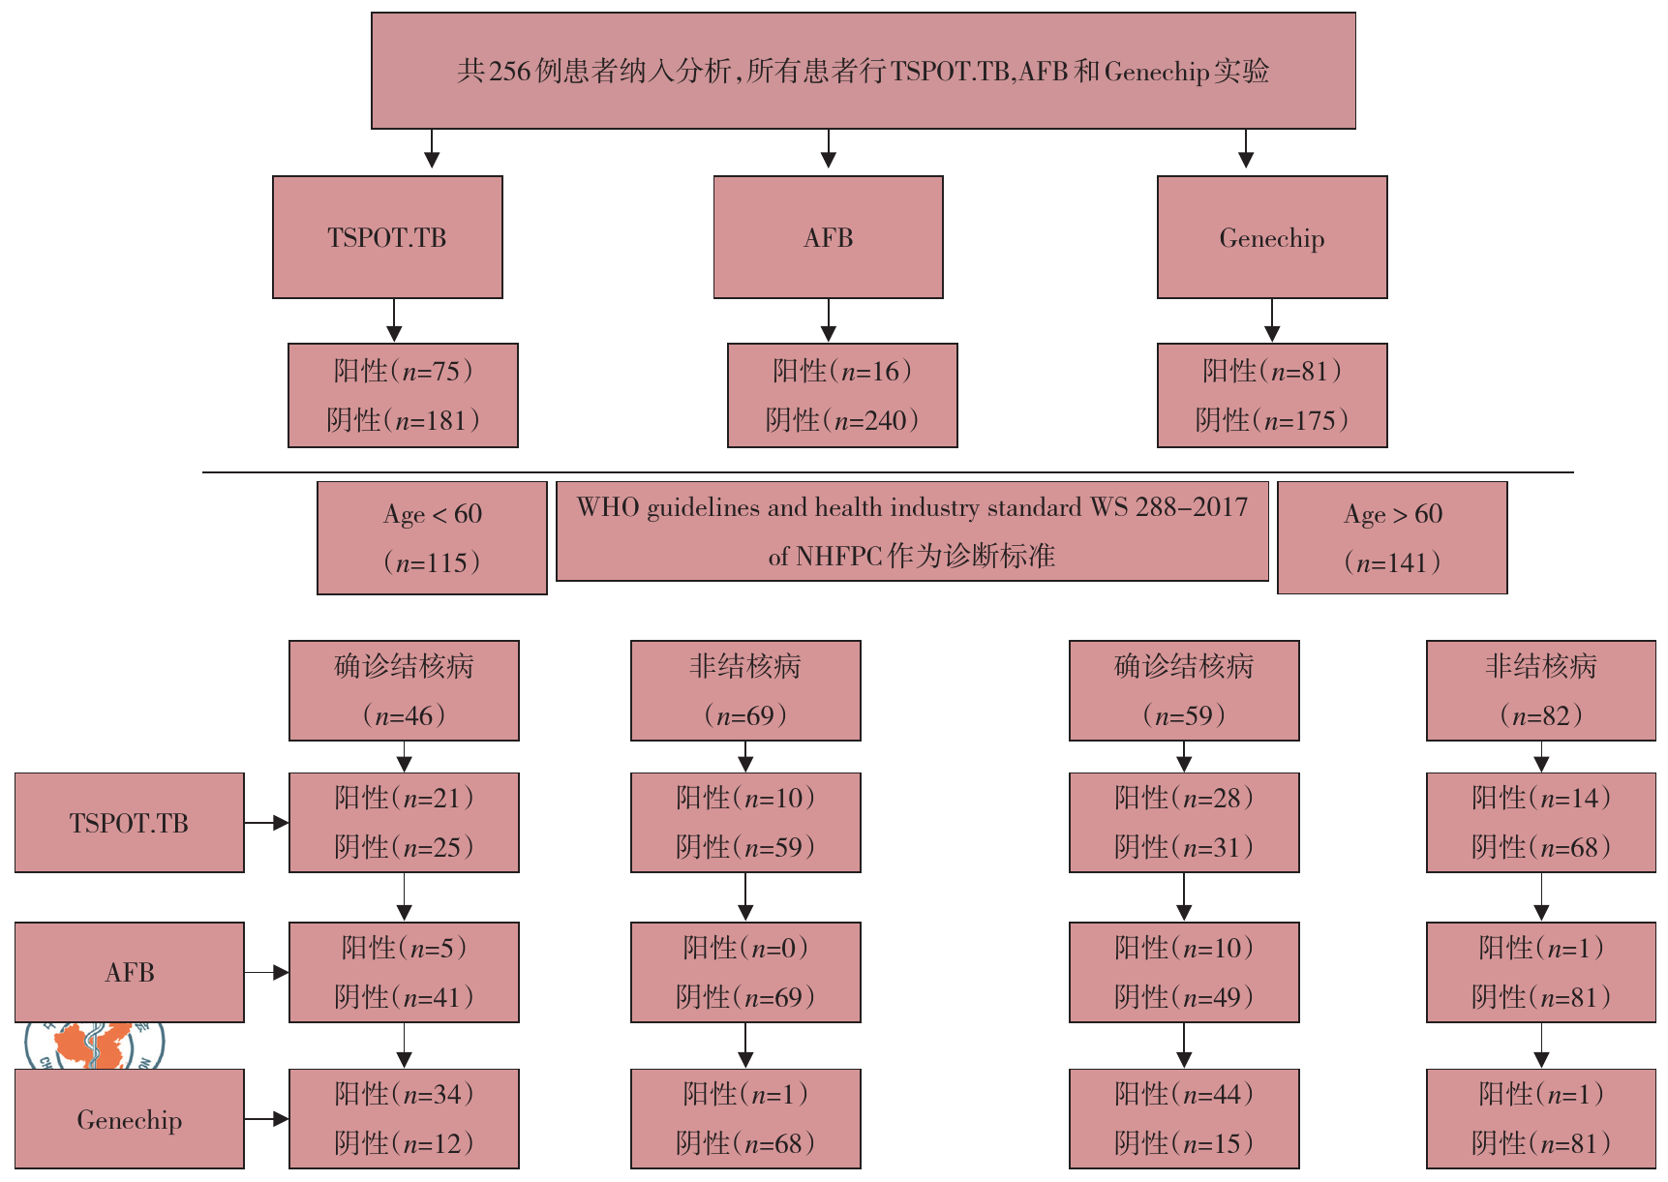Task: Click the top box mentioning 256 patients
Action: click(863, 71)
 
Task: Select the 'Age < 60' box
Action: click(432, 537)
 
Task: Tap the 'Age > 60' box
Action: click(1392, 537)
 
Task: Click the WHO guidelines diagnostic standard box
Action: click(912, 531)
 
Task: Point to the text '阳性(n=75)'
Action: click(403, 371)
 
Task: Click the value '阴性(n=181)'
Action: click(403, 420)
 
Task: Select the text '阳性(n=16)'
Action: click(842, 371)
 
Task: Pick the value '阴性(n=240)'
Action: click(842, 420)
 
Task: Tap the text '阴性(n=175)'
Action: click(1272, 420)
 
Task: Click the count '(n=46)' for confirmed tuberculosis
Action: click(404, 715)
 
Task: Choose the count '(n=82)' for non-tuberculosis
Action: click(1541, 715)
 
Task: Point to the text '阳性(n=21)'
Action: click(404, 798)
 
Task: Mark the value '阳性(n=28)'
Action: click(1184, 798)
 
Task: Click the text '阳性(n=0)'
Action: click(745, 948)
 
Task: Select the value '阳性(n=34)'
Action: click(404, 1094)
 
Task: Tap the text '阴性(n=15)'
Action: click(1184, 1143)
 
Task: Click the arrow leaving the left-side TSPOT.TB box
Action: click(266, 823)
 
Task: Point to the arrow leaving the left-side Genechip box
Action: click(266, 1119)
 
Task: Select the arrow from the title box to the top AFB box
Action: click(828, 150)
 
